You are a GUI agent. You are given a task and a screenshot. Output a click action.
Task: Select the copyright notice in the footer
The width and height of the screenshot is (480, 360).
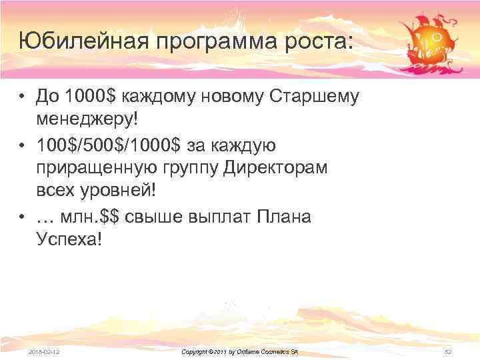coord(240,351)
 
